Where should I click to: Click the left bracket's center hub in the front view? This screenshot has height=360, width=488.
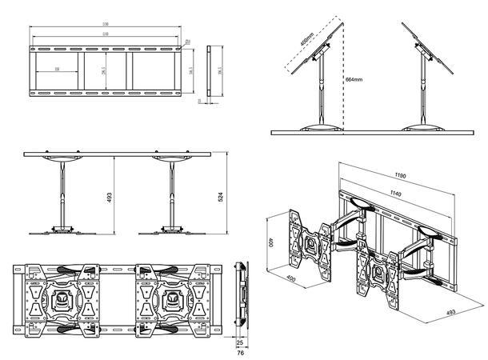click(x=61, y=297)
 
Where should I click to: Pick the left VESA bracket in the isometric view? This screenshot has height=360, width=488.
click(x=308, y=241)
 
